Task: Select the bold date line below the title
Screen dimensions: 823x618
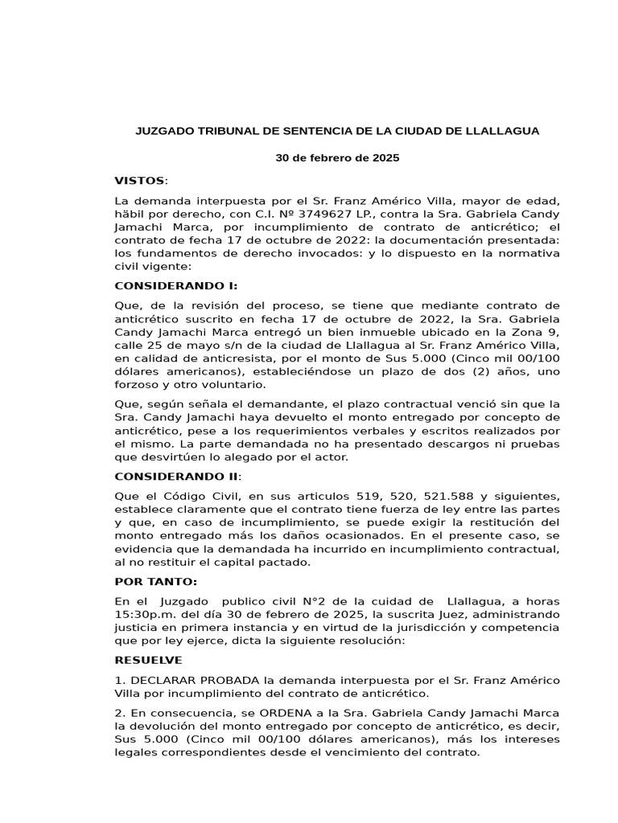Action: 337,158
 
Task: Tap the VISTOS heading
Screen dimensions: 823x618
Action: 139,180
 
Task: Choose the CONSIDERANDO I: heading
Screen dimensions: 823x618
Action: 176,285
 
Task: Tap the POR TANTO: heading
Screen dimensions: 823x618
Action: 155,582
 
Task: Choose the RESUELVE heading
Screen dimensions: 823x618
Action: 149,660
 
